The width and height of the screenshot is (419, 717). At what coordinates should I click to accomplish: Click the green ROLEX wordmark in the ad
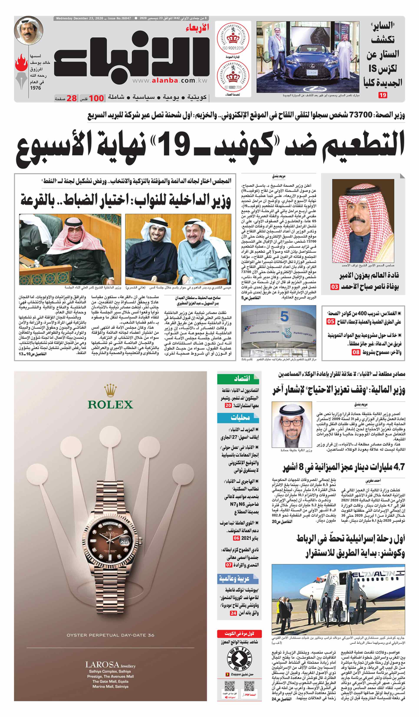coord(110,404)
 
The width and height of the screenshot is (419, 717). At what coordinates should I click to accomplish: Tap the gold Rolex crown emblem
coord(110,390)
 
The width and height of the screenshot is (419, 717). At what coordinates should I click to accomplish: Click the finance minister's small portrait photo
coord(292,424)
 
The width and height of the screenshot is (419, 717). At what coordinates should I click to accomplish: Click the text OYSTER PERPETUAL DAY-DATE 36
coord(110,635)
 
